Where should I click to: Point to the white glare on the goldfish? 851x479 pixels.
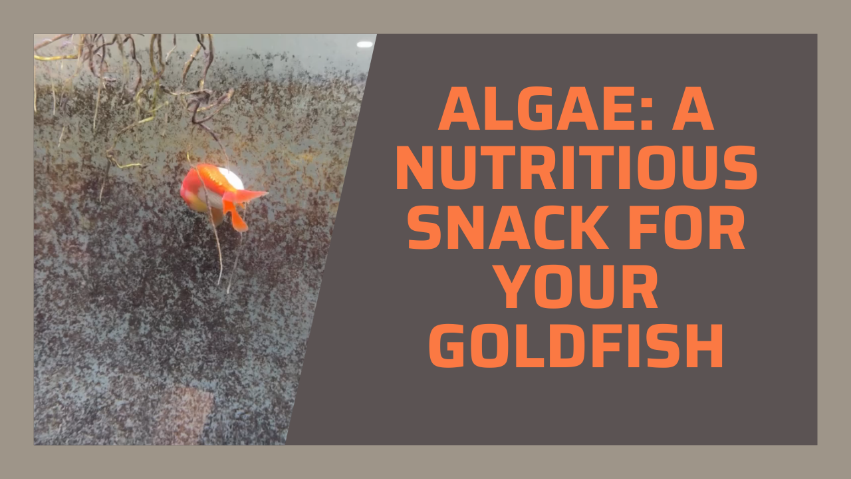230,178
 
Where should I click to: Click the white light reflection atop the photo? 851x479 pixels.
364,44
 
